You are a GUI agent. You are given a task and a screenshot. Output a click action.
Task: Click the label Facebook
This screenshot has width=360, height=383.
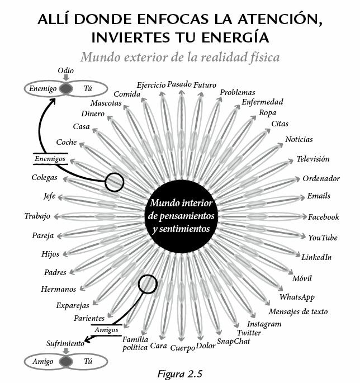click(x=323, y=217)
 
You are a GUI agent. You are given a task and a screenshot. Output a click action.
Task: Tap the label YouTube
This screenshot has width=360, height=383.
click(x=323, y=238)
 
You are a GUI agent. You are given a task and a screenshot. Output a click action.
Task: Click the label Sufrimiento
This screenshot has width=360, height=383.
click(x=65, y=343)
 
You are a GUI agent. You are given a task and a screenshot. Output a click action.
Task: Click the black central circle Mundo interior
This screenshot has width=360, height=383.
click(x=180, y=215)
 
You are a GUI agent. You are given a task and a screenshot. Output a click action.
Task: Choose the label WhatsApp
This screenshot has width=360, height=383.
click(x=297, y=297)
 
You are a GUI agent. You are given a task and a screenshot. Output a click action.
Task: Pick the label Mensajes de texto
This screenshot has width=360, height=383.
click(x=298, y=311)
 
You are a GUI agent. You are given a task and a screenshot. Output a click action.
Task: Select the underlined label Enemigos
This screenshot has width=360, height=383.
click(x=50, y=159)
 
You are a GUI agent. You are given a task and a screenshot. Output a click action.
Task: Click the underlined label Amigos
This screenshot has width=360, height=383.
click(x=106, y=330)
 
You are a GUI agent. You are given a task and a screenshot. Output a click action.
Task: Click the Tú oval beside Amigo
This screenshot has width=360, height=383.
click(x=88, y=361)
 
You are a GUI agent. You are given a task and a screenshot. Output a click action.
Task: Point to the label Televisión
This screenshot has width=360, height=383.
click(x=312, y=159)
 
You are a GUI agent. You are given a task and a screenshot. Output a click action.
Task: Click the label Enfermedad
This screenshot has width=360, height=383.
click(x=262, y=102)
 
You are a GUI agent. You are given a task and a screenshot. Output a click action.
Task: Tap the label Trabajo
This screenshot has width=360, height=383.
click(x=37, y=216)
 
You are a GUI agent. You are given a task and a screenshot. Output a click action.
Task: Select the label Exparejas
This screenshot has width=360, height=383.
click(x=72, y=306)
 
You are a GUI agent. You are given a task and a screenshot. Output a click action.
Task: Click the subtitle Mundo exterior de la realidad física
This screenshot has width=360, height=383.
click(x=179, y=57)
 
